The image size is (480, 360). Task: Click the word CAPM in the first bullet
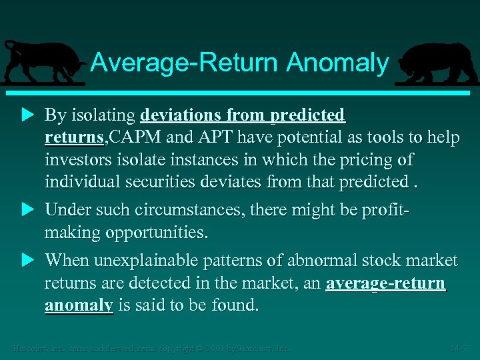point(130,137)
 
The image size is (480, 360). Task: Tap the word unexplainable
point(139,260)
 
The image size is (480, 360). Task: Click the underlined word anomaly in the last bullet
point(79,305)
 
